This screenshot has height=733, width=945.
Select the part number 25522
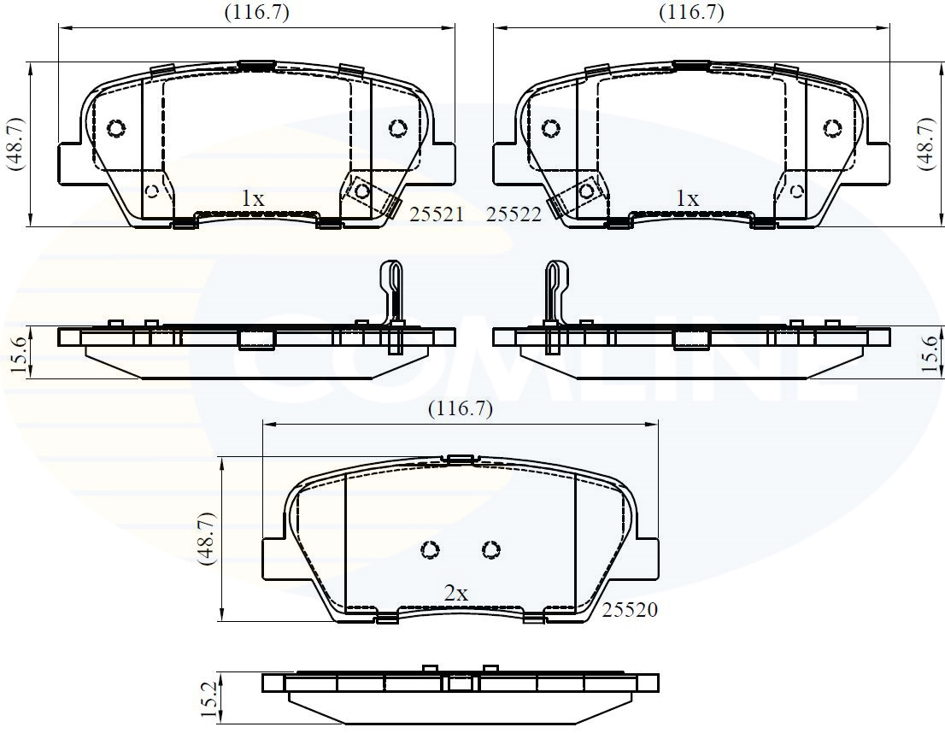click(x=514, y=215)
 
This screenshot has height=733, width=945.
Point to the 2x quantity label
click(x=455, y=593)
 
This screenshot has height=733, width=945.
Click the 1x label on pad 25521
click(x=252, y=198)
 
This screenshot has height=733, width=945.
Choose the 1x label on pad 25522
click(x=687, y=198)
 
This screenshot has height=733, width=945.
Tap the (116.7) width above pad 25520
click(x=461, y=408)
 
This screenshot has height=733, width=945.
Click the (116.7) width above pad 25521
click(x=256, y=12)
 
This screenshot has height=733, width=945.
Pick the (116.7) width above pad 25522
click(x=691, y=12)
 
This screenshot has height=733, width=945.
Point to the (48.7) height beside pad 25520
click(x=206, y=539)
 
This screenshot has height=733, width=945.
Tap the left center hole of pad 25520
click(x=431, y=549)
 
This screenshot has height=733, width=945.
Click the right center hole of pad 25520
click(x=490, y=549)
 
